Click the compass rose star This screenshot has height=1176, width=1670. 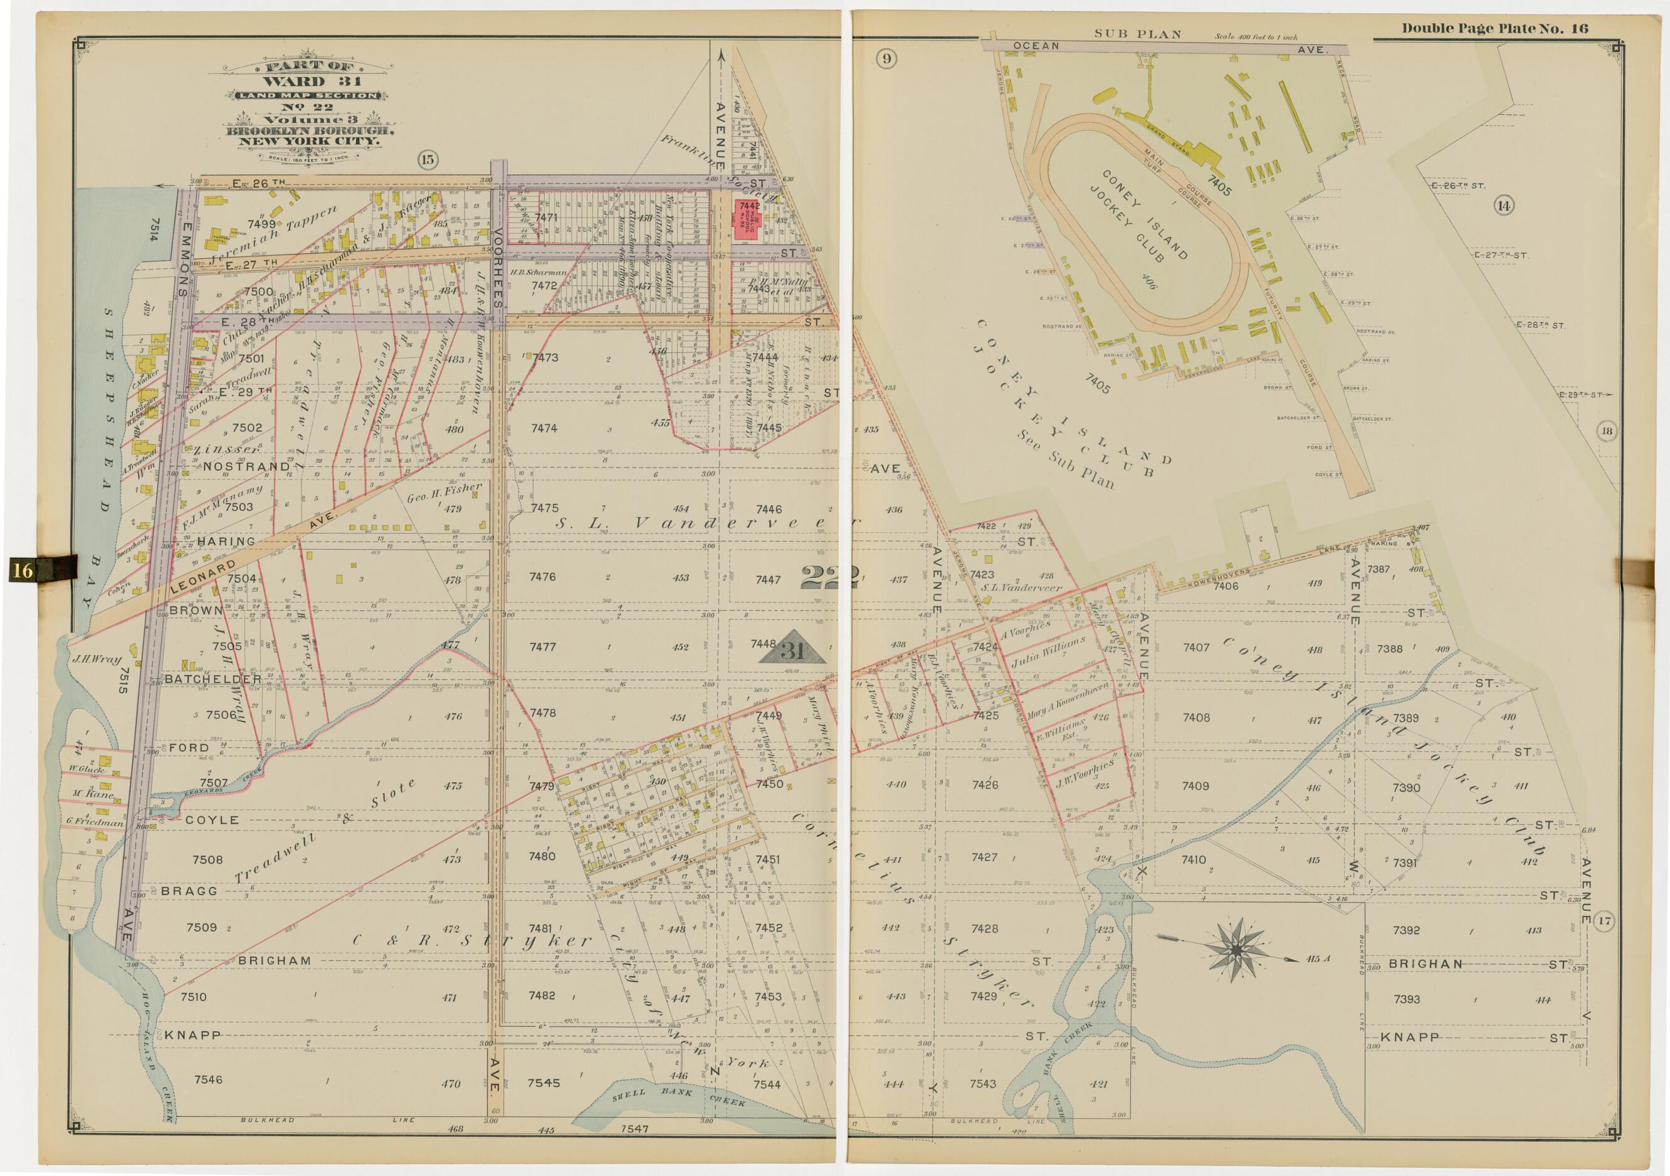[x=1235, y=948]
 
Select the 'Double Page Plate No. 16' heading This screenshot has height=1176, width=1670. [x=1494, y=28]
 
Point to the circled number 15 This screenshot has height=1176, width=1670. [x=428, y=160]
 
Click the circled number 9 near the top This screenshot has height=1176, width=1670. [x=885, y=59]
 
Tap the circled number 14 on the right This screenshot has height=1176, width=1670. [x=1503, y=206]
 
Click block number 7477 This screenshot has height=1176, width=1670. [x=544, y=646]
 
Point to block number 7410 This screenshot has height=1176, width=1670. [x=1194, y=859]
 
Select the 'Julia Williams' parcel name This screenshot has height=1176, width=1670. [x=1048, y=653]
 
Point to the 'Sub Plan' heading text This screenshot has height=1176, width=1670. [x=1138, y=34]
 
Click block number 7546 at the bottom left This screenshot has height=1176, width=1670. [x=208, y=1079]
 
